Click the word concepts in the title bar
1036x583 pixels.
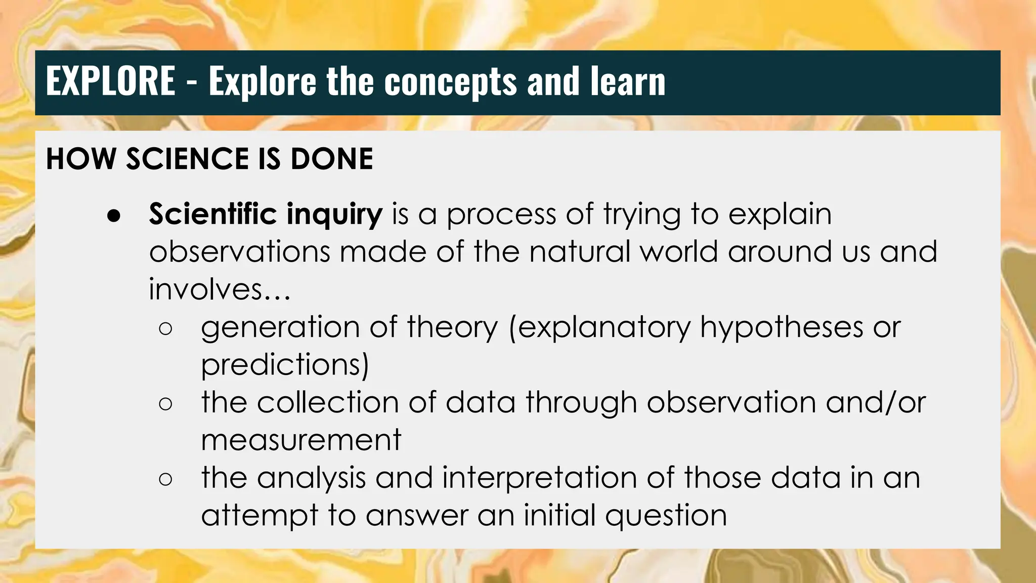(451, 82)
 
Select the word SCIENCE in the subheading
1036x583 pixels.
(187, 159)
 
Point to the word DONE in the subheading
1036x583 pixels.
(332, 159)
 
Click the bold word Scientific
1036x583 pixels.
(212, 214)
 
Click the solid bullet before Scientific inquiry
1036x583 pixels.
(114, 215)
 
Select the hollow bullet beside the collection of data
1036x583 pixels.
(165, 404)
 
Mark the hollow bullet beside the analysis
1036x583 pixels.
(165, 479)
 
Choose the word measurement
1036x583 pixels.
(301, 440)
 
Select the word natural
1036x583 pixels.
(579, 252)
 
